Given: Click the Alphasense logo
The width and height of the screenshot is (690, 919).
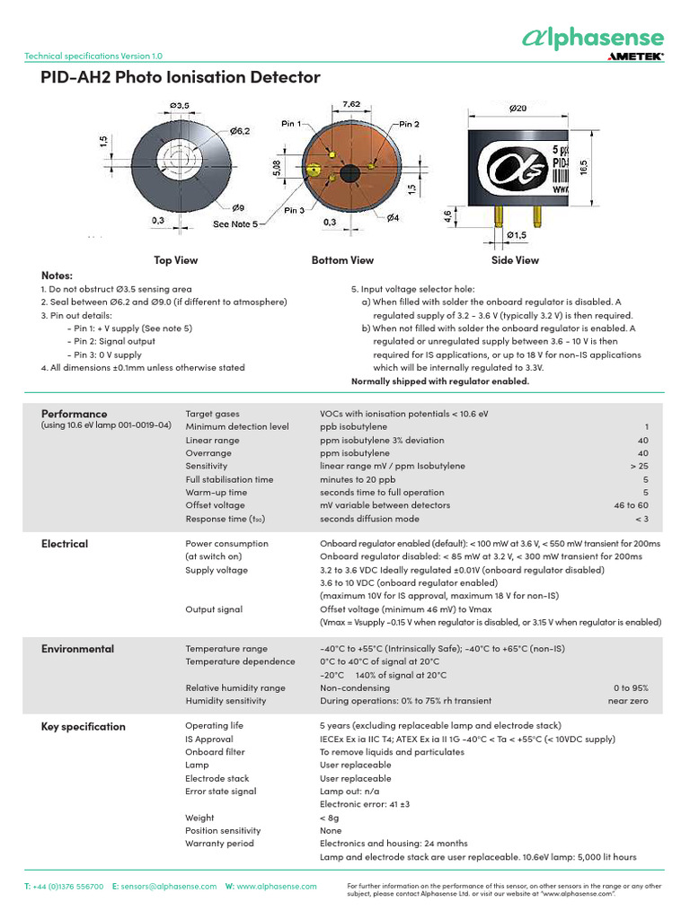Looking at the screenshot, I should pos(594,38).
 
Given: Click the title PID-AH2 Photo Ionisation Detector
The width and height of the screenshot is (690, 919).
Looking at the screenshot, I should pos(181,78).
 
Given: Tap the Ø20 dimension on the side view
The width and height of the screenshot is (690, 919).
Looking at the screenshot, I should pos(518,109).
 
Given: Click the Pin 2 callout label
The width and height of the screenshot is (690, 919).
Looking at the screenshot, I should pos(408,124).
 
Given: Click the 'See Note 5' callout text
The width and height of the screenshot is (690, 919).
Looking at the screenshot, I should pos(235,223).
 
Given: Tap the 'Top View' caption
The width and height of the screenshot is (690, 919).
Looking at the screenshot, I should pos(175,260).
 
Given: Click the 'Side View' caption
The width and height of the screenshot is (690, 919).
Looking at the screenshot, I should pos(515,260).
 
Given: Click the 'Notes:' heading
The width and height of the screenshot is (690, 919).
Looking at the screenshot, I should pos(57,275).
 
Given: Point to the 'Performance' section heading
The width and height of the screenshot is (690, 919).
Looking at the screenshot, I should pos(74,414).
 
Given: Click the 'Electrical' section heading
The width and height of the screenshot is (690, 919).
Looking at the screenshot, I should pos(65,544).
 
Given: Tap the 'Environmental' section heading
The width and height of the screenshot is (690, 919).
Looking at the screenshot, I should pos(77,649).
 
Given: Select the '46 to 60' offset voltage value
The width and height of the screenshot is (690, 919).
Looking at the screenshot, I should pos(631,506).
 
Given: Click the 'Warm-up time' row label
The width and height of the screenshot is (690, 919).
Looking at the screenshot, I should pos(216,493).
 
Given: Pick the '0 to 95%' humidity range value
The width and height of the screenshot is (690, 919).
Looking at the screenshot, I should pos(628,688).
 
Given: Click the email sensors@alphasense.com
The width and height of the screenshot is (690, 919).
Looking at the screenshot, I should pos(169,886).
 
